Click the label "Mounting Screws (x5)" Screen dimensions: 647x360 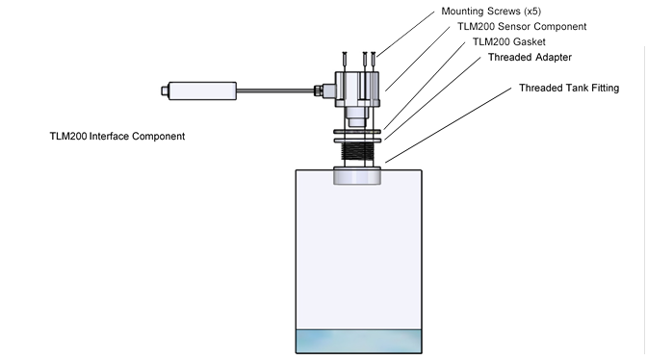[x=491, y=12]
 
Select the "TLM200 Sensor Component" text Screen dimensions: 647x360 [x=522, y=27]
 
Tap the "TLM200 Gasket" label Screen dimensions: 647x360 [x=508, y=42]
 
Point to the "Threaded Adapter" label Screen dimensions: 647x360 [x=530, y=58]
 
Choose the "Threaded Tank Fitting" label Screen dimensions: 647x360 [x=569, y=89]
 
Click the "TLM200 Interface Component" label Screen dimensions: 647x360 [x=117, y=137]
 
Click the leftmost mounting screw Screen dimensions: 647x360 [x=345, y=62]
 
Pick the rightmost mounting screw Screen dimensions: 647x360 [x=374, y=62]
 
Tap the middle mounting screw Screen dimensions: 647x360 [x=365, y=62]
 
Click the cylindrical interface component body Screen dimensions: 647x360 [x=202, y=90]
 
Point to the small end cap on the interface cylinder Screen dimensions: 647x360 [x=165, y=90]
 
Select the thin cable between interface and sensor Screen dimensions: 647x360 [x=275, y=90]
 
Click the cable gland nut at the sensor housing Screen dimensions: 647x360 [x=318, y=90]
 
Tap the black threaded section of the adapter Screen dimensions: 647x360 [x=357, y=151]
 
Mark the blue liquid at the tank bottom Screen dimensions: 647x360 [x=358, y=341]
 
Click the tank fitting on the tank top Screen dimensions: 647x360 [x=357, y=176]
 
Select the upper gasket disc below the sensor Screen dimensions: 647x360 [x=357, y=132]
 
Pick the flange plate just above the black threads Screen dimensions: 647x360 [x=357, y=141]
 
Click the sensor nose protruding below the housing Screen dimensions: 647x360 [x=356, y=116]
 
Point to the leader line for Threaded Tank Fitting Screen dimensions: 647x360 [x=449, y=125]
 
